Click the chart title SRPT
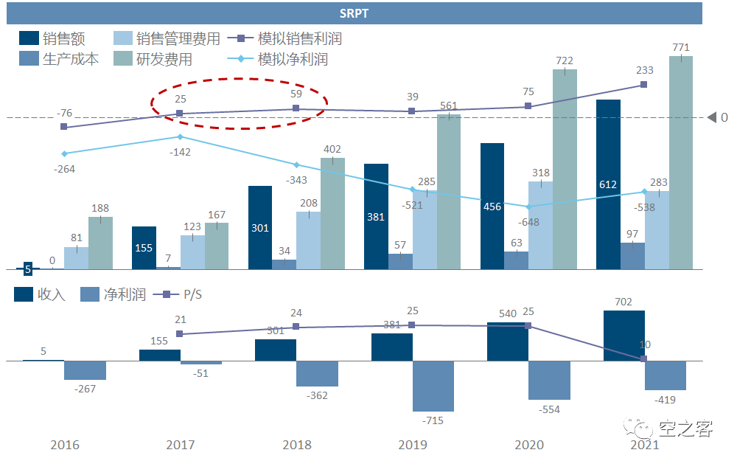pos(354,13)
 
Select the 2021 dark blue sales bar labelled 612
pos(608,184)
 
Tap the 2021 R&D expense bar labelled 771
pos(681,162)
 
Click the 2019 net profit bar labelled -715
pos(433,386)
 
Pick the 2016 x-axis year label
pos(65,445)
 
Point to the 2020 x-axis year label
pos(529,445)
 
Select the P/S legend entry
pos(192,295)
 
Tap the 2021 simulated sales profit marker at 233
pos(645,85)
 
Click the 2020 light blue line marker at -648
pos(528,207)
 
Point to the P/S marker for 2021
pos(644,359)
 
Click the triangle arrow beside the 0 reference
pos(712,117)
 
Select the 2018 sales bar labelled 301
pos(260,227)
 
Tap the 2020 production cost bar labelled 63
pos(516,260)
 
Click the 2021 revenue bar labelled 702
pos(624,336)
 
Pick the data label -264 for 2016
pos(65,169)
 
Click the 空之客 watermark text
pos(685,429)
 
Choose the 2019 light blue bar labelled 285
pos(425,229)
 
